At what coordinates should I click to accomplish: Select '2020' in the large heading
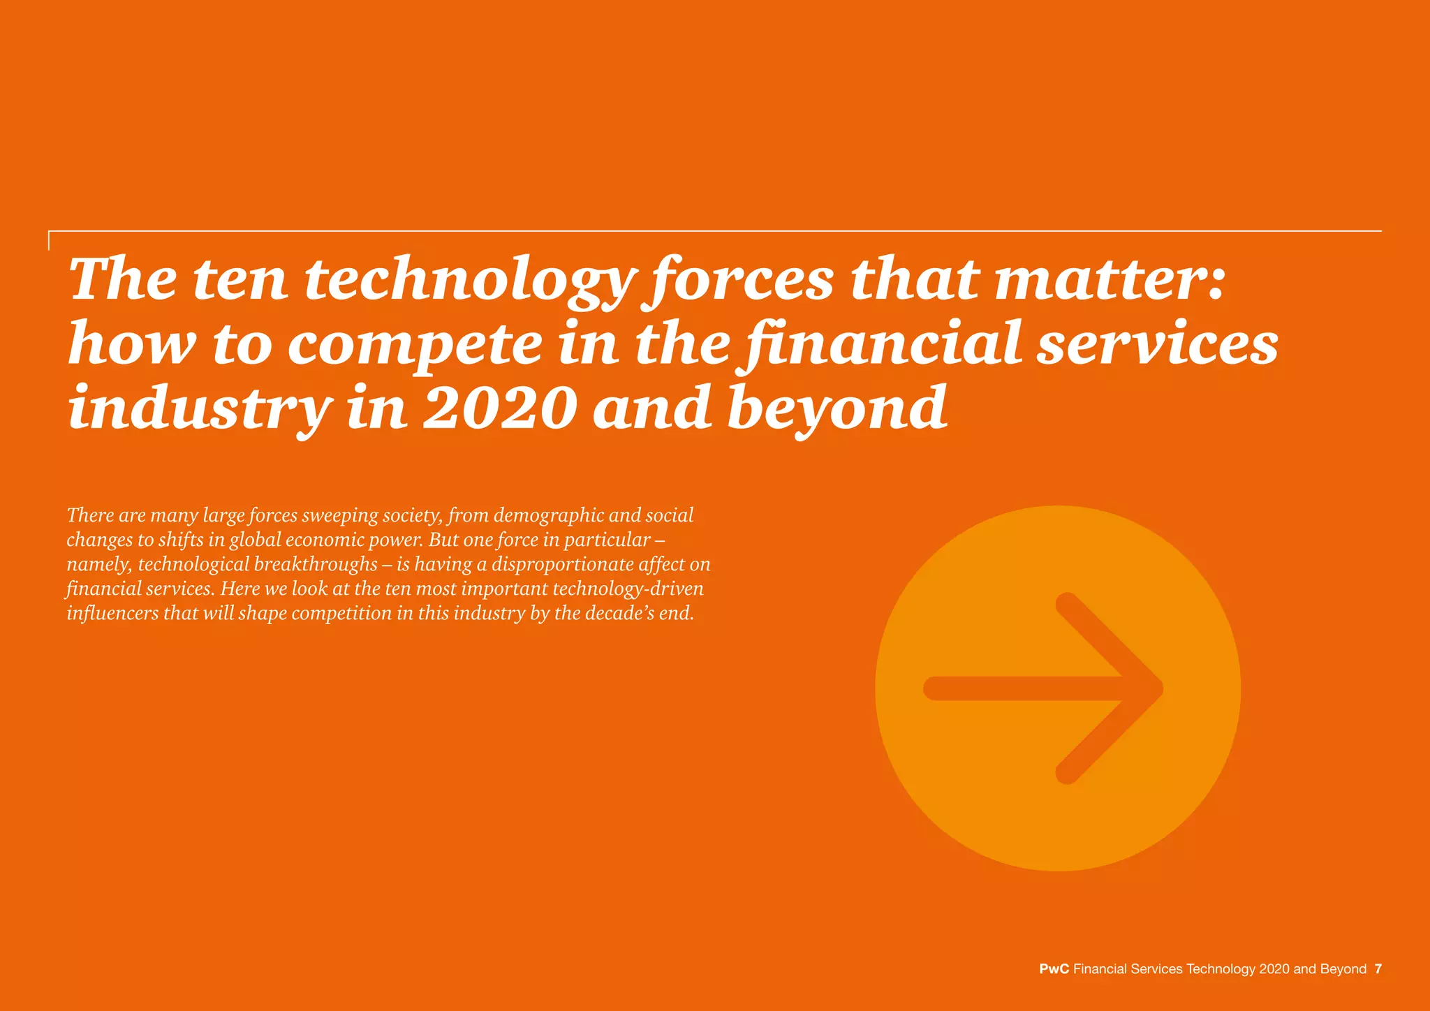[499, 408]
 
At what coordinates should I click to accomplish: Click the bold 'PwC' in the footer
[1054, 969]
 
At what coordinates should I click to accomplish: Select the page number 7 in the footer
[1378, 969]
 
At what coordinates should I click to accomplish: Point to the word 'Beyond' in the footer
[1343, 969]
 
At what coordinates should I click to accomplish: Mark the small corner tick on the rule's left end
[50, 239]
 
